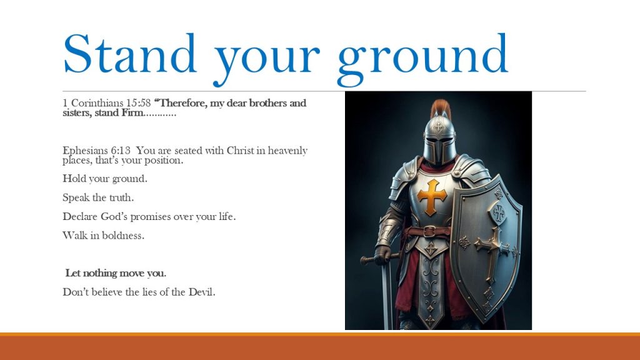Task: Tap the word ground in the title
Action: point(423,59)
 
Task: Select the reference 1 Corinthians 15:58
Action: point(106,103)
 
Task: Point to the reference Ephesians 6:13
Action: point(96,151)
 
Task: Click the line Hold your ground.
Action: point(105,179)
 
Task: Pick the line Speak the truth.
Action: point(98,197)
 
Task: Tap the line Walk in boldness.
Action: point(103,236)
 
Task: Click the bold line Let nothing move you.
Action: point(116,273)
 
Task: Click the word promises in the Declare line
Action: point(151,217)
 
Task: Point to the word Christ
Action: point(240,151)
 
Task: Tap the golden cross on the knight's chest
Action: point(432,196)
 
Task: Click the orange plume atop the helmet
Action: point(441,108)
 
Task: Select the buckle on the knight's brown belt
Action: point(429,231)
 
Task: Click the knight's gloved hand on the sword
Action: point(383,255)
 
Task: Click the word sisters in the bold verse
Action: point(77,113)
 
